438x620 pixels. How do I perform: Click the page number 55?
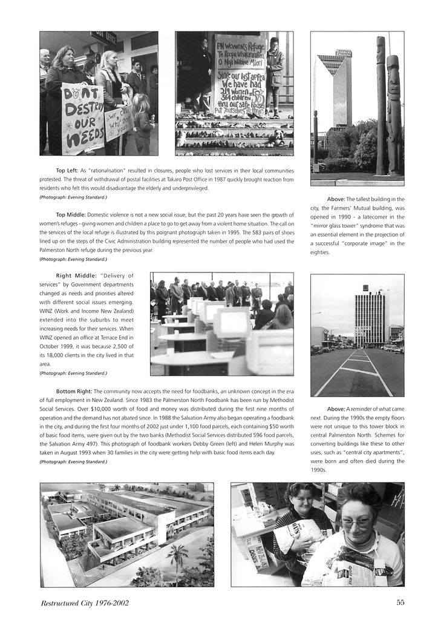point(400,602)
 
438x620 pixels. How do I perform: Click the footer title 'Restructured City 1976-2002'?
point(84,603)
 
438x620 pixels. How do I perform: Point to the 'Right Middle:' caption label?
point(72,275)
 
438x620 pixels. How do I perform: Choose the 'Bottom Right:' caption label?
point(74,391)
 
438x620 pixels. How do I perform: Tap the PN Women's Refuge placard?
point(240,76)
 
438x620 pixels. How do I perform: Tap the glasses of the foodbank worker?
point(356,522)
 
